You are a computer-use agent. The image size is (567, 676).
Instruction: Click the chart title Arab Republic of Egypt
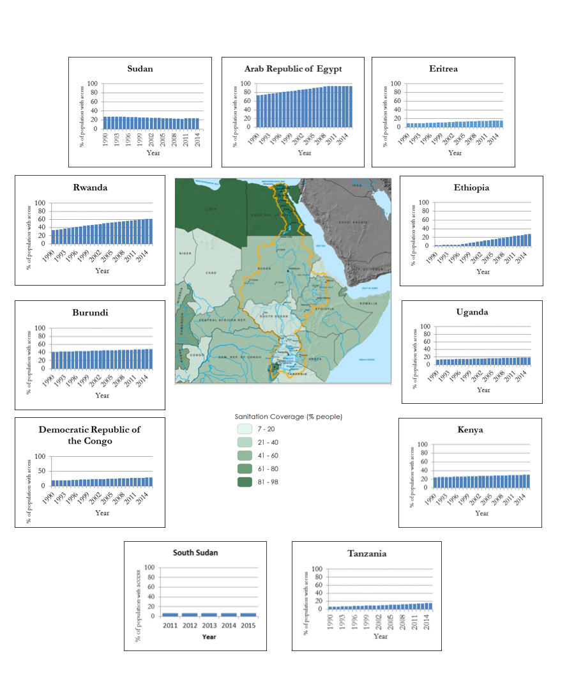[x=292, y=68]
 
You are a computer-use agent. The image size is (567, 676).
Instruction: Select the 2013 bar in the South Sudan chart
[x=209, y=614]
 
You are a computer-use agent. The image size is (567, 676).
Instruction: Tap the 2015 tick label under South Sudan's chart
[x=248, y=625]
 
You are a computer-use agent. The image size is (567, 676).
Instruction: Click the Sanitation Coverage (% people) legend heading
[x=289, y=417]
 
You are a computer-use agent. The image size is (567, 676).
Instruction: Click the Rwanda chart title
[x=90, y=188]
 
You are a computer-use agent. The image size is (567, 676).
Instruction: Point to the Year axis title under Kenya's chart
[x=481, y=513]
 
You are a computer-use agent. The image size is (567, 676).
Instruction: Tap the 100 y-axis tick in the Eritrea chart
[x=395, y=84]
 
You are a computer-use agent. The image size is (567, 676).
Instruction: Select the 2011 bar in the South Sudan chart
[x=170, y=614]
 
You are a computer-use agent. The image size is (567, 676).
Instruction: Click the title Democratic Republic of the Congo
[x=89, y=435]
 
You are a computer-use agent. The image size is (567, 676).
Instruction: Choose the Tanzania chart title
[x=367, y=553]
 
